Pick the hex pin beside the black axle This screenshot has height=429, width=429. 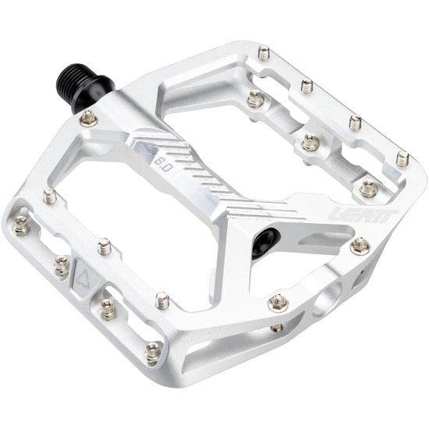coord(90,119)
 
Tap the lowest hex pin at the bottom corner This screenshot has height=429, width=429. coord(152,352)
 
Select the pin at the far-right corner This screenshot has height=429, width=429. coord(402,159)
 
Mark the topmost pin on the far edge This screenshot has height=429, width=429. coord(264,53)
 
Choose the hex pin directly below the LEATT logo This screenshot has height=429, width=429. coord(360,246)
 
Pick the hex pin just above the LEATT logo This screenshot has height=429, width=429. coord(368,187)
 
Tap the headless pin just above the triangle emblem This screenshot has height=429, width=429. coord(104,247)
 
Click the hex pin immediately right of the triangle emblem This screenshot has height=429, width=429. coord(107,310)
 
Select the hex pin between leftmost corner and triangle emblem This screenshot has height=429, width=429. coord(61,267)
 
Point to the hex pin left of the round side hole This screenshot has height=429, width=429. coord(278,302)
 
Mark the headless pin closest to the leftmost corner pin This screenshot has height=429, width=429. coord(50,196)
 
